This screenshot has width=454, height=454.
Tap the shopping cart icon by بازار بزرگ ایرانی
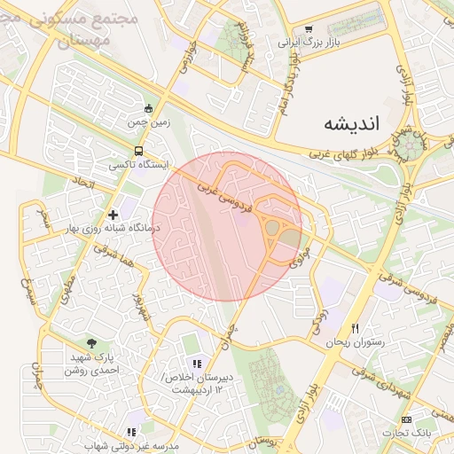[x=309, y=41]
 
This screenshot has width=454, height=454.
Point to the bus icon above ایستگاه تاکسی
[x=137, y=151]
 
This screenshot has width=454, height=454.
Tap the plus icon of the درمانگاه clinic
[x=113, y=214]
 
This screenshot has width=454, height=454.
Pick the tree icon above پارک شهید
[x=92, y=343]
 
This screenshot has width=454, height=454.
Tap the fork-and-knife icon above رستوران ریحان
[x=355, y=327]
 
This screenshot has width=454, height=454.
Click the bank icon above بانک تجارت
[x=406, y=419]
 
